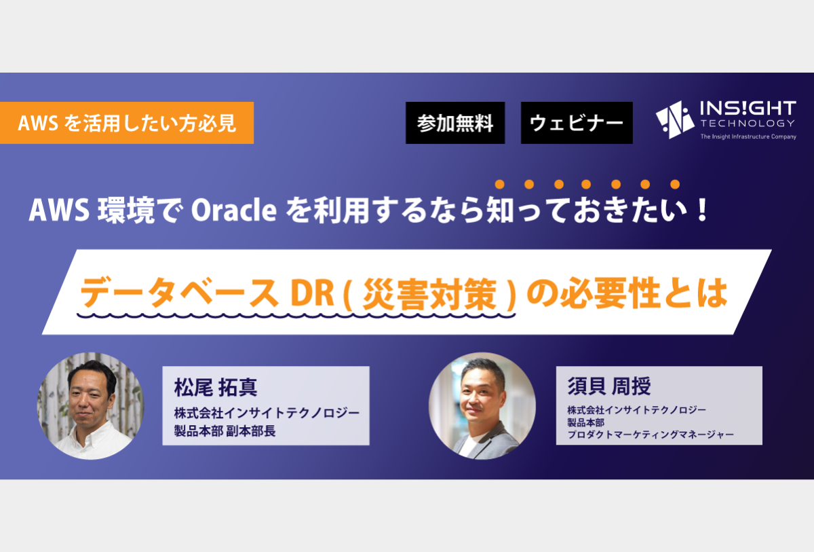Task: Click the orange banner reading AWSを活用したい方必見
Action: tap(127, 123)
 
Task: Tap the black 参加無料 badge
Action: tap(455, 123)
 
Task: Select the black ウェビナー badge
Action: tap(577, 123)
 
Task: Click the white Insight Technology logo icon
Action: tap(675, 119)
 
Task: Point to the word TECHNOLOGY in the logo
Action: tap(748, 124)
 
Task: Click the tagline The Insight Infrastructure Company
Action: tap(748, 136)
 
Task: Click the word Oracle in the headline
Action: tap(233, 210)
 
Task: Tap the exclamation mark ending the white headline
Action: tap(703, 210)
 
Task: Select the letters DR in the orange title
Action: tap(312, 293)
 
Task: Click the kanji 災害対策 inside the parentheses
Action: tap(429, 293)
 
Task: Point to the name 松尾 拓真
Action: tap(216, 387)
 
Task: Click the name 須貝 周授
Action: tap(609, 386)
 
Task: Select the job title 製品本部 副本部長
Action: tap(225, 431)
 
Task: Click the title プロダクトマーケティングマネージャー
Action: tap(651, 435)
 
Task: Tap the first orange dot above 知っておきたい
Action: tap(500, 185)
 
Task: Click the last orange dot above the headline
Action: tap(675, 185)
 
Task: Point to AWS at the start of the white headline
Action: tap(59, 210)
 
